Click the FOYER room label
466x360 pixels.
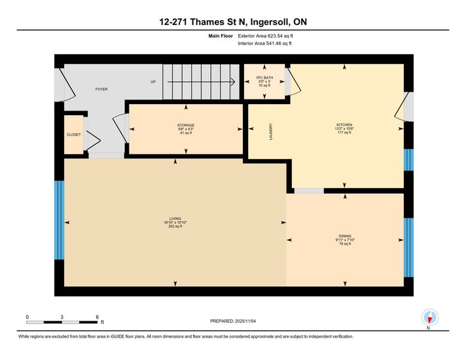[x=101, y=89]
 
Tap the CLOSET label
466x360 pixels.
[x=74, y=135]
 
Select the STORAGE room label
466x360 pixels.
[x=186, y=125]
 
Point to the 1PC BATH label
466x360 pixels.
[x=264, y=78]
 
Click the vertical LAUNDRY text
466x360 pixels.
[x=271, y=132]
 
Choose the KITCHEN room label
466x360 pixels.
[x=344, y=124]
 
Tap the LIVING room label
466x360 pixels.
[x=175, y=219]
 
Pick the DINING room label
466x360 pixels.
[x=345, y=236]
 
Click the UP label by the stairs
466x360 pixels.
[x=153, y=82]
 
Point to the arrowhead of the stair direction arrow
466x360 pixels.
[x=234, y=82]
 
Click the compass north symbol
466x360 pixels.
[x=429, y=318]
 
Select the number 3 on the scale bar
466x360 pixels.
[x=62, y=317]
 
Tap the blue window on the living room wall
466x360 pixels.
[x=59, y=220]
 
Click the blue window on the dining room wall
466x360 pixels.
[x=408, y=247]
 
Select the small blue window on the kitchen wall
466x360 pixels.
[x=408, y=160]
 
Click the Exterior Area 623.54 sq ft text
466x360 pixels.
[x=265, y=36]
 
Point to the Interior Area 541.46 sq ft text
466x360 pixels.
[x=264, y=43]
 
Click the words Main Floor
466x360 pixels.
[x=221, y=36]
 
